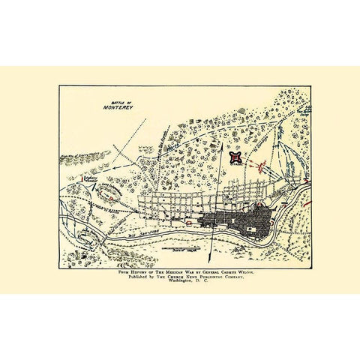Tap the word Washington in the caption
coord(178,288)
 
